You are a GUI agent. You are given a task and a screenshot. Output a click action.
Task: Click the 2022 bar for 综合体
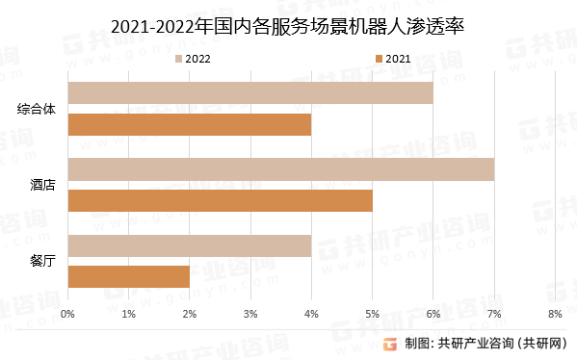(x=250, y=92)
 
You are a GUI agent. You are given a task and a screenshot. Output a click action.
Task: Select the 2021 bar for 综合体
(x=190, y=124)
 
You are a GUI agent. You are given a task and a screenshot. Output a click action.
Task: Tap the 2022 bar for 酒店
(x=280, y=169)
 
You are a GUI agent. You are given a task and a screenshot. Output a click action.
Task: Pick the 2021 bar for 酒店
(x=220, y=200)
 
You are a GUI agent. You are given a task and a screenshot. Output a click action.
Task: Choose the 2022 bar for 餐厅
(x=190, y=245)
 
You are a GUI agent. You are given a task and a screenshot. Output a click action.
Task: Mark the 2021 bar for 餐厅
(x=129, y=276)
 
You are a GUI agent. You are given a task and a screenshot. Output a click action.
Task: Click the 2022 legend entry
(x=192, y=60)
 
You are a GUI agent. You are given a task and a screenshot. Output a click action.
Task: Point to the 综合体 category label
(x=37, y=108)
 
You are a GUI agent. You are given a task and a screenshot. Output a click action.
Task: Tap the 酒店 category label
(x=42, y=185)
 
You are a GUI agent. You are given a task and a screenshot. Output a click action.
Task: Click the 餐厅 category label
(x=42, y=261)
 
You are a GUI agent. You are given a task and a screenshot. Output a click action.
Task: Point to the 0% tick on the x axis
(x=67, y=314)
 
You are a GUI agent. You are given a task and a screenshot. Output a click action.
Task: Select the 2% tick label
(x=190, y=314)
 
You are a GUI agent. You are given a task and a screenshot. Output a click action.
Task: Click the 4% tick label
(x=311, y=314)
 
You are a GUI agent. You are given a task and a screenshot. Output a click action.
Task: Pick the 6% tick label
(x=433, y=314)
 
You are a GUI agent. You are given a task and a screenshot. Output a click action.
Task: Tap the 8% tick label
(x=554, y=314)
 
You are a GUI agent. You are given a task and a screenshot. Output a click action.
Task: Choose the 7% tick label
(x=493, y=314)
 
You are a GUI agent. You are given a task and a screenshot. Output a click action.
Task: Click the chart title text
(x=288, y=26)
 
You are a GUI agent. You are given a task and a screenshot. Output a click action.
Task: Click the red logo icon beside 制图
(x=391, y=345)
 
